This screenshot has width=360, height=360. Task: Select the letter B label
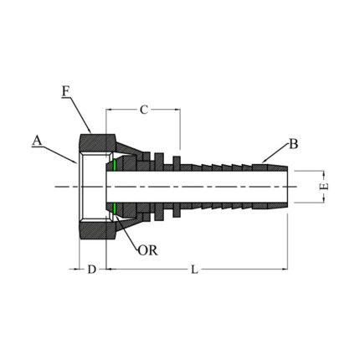[294, 143]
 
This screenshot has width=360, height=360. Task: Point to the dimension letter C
[143, 109]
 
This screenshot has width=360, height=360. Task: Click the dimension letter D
[92, 269]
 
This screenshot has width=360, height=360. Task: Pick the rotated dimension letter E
[326, 185]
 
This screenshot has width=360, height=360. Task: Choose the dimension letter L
[194, 269]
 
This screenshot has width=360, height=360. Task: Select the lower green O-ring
[112, 206]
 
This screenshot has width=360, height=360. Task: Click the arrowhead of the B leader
[261, 160]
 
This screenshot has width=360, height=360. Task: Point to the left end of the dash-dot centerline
[55, 186]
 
